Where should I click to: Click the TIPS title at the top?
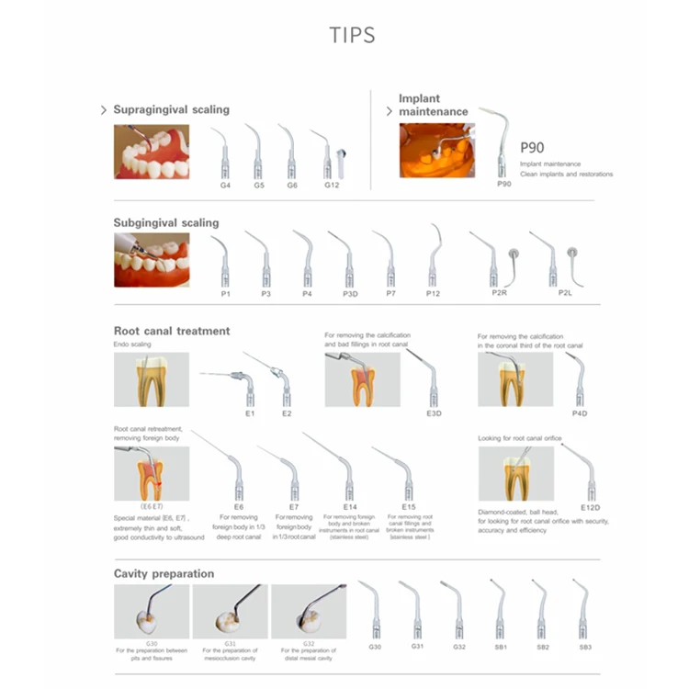(352, 36)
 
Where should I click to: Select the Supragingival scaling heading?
(171, 109)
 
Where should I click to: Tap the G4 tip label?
(225, 186)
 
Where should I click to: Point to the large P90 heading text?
(533, 147)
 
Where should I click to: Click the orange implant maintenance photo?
(437, 151)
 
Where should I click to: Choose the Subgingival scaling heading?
(166, 222)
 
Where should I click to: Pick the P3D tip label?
(350, 293)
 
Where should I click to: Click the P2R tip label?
(499, 293)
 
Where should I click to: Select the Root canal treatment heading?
(172, 331)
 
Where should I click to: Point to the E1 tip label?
(250, 414)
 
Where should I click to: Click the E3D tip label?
(435, 413)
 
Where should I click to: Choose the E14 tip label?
(350, 506)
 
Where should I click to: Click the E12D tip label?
(590, 506)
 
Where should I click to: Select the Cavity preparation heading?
(164, 573)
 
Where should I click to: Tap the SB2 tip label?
(543, 647)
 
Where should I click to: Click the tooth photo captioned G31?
(230, 612)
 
